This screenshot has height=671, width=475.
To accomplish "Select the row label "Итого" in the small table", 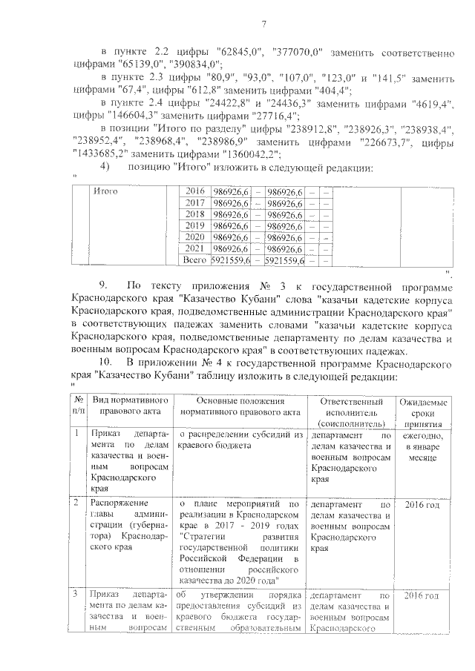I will click(x=106, y=191).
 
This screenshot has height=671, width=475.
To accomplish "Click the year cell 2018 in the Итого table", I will click(x=194, y=214).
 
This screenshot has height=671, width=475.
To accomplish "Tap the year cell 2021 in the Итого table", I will click(x=194, y=248).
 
